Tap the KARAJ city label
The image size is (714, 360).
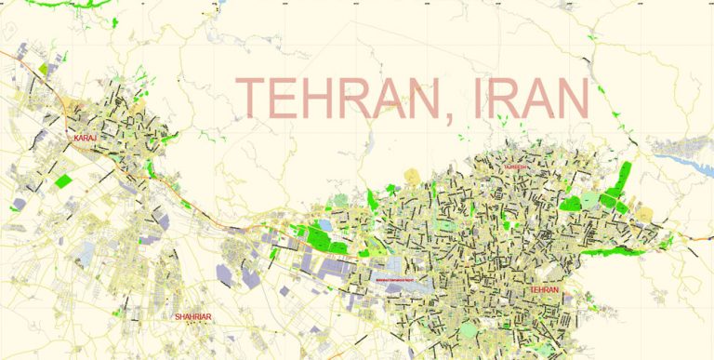pyautogui.click(x=86, y=139)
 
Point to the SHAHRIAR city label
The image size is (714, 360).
pyautogui.click(x=193, y=317)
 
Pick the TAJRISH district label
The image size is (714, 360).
pyautogui.click(x=517, y=167)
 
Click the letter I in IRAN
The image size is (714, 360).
pyautogui.click(x=478, y=98)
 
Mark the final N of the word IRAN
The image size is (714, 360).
pyautogui.click(x=575, y=98)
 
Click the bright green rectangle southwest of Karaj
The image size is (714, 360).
pyautogui.click(x=63, y=180)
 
